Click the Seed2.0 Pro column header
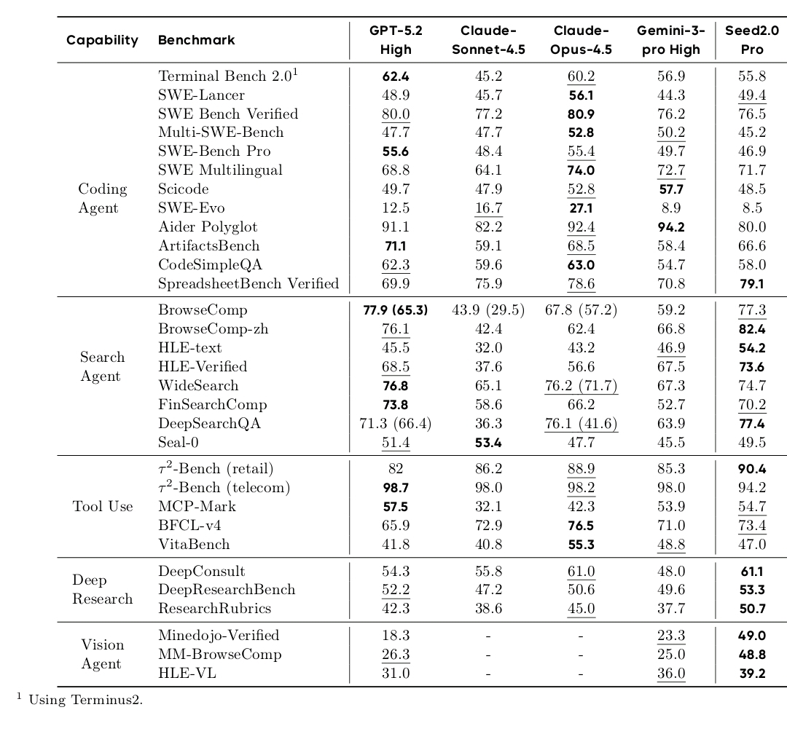pyautogui.click(x=751, y=40)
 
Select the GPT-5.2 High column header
pyautogui.click(x=396, y=40)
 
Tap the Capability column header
pyautogui.click(x=102, y=40)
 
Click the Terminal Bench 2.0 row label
pyautogui.click(x=225, y=76)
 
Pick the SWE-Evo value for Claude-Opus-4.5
pyautogui.click(x=581, y=208)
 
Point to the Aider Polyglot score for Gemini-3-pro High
pyautogui.click(x=671, y=227)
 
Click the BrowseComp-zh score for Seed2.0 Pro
pyautogui.click(x=752, y=329)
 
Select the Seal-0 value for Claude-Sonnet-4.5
pyautogui.click(x=488, y=442)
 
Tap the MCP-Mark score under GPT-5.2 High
pyautogui.click(x=396, y=506)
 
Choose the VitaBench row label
pyautogui.click(x=194, y=544)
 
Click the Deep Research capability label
pyautogui.click(x=102, y=590)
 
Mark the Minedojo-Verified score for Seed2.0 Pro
pyautogui.click(x=752, y=636)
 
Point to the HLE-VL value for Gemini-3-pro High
pyautogui.click(x=671, y=674)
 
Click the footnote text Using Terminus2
pyautogui.click(x=85, y=700)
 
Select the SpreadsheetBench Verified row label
pyautogui.click(x=248, y=284)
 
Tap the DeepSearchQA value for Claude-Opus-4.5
pyautogui.click(x=581, y=423)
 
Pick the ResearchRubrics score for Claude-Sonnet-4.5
pyautogui.click(x=488, y=608)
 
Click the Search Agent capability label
pyautogui.click(x=102, y=367)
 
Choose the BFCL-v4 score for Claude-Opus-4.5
pyautogui.click(x=581, y=525)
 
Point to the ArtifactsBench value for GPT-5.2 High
pyautogui.click(x=396, y=246)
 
